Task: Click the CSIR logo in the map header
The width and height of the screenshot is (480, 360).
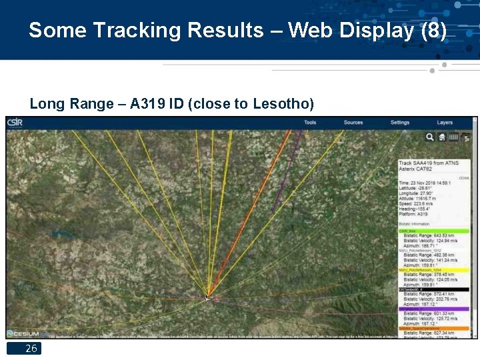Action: (14, 122)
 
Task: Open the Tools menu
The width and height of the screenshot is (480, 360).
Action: (310, 123)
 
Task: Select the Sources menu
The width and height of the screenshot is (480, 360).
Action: (353, 123)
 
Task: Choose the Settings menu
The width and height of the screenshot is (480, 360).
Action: (400, 123)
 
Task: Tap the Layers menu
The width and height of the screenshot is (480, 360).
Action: (445, 123)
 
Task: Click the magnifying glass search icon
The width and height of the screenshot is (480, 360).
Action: (430, 137)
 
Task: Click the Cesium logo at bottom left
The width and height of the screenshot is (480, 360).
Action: (27, 333)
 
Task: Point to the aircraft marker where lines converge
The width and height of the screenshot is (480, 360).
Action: (207, 298)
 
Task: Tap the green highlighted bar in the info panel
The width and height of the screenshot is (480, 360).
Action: (434, 231)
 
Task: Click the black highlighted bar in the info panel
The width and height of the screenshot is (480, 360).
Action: (434, 289)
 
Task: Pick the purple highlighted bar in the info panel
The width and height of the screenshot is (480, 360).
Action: (434, 309)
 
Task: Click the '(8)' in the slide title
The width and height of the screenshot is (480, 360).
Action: (434, 31)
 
